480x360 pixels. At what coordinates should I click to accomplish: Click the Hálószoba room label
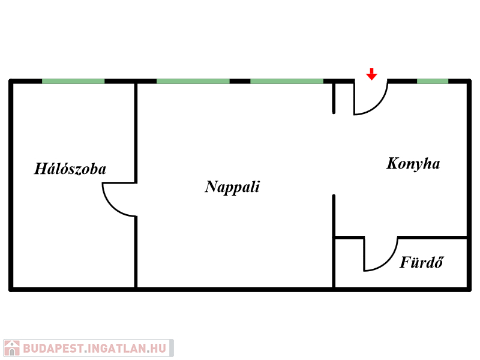70,169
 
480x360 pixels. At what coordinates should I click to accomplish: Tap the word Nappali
232,187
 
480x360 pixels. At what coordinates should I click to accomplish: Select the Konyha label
413,163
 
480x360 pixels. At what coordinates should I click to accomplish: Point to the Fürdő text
421,263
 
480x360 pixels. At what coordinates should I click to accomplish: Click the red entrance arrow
372,74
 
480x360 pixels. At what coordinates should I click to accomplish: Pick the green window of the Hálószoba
73,81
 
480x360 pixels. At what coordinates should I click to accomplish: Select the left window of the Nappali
193,81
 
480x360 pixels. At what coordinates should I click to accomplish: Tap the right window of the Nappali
287,81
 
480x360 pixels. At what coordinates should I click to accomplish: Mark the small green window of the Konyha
433,81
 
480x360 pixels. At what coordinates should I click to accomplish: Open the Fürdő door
380,255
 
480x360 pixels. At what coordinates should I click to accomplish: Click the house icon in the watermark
11,348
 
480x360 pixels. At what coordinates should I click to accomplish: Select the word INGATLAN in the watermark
120,348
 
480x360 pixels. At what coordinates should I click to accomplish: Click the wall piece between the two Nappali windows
240,81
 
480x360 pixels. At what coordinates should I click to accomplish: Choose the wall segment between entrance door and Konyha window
402,81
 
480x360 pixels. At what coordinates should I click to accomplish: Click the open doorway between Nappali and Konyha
334,154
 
